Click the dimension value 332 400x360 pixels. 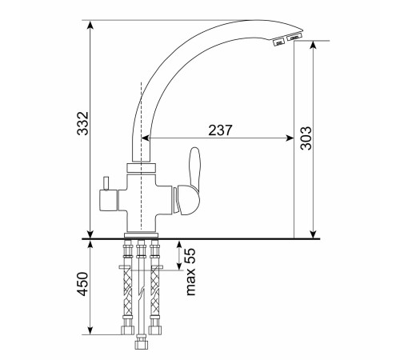(82, 123)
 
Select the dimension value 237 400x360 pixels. (220, 130)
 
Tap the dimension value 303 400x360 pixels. (306, 138)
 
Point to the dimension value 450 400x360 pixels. (82, 284)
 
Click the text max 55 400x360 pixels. (190, 272)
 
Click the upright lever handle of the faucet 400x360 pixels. (194, 168)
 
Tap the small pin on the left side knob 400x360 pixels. (106, 183)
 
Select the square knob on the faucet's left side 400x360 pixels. (108, 200)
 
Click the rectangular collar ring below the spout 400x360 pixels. (141, 169)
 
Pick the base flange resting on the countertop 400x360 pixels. (141, 235)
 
